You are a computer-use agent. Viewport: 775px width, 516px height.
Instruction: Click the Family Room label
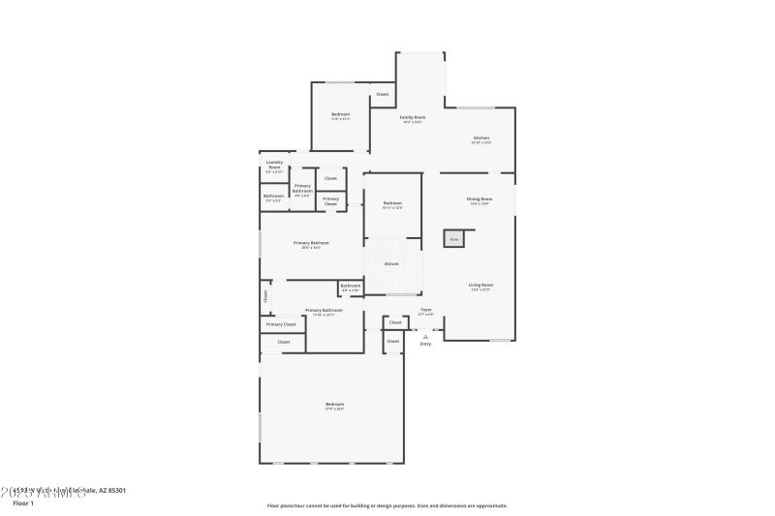(x=414, y=117)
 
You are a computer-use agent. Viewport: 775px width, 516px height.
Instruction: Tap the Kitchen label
(x=481, y=138)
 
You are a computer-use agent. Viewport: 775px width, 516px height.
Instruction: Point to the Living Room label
(x=481, y=285)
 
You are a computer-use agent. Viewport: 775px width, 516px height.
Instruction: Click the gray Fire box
(x=453, y=238)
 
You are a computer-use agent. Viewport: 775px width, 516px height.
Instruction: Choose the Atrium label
(x=391, y=263)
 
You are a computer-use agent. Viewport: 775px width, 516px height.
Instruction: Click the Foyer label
(x=425, y=310)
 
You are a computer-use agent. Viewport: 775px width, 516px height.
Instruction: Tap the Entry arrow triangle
(x=425, y=336)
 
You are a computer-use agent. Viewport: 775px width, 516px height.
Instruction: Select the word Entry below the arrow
(x=425, y=345)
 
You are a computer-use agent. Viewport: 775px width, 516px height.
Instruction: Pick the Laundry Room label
(x=274, y=166)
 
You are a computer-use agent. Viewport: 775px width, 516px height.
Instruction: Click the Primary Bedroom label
(x=311, y=243)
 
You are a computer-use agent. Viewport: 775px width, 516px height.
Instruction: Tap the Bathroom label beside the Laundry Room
(x=272, y=197)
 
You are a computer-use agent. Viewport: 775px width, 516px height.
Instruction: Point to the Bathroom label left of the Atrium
(x=350, y=286)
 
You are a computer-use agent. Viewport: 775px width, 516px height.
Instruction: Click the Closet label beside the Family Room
(x=383, y=94)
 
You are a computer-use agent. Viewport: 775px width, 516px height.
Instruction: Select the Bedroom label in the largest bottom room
(x=334, y=404)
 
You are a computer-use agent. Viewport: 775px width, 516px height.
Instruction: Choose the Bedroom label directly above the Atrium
(x=392, y=203)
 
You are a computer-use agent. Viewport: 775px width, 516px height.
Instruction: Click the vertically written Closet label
(x=264, y=296)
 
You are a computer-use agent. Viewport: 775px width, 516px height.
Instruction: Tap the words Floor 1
(x=23, y=503)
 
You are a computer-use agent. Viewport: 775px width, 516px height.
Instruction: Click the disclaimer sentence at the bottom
(x=387, y=505)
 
